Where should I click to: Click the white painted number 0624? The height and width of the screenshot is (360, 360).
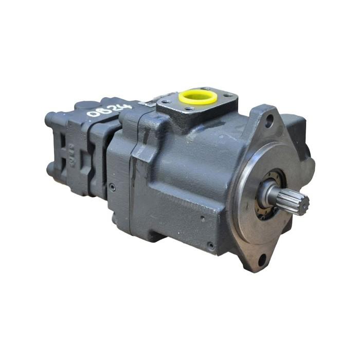tap(109, 110)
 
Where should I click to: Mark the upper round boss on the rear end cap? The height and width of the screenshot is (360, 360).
tap(51, 119)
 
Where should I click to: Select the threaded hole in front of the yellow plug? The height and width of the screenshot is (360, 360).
tap(191, 109)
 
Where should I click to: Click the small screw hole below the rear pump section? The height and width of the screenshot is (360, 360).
tap(112, 188)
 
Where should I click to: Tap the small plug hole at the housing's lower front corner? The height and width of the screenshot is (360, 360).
tap(211, 245)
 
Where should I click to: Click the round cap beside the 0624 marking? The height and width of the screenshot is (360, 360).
tap(85, 105)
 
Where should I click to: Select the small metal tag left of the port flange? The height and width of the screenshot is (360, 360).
tap(149, 103)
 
